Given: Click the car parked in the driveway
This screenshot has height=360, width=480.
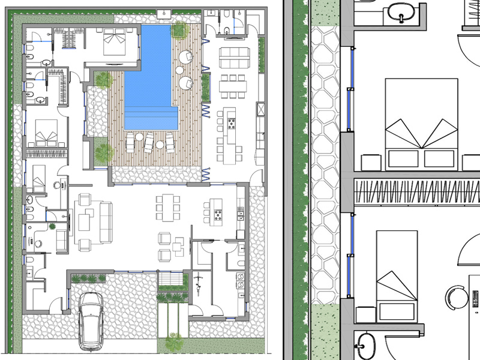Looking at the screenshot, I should (92, 319).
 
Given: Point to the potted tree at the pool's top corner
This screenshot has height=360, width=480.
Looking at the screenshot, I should (179, 30).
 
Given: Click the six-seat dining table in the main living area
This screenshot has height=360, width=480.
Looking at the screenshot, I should (168, 208).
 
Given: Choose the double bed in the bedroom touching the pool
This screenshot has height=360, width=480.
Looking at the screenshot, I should (113, 41).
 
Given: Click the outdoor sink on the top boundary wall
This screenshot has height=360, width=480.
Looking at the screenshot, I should (163, 14).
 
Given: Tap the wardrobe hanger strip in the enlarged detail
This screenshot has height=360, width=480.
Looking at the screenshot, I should (417, 192).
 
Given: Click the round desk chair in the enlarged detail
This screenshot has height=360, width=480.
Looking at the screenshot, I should (456, 296).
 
